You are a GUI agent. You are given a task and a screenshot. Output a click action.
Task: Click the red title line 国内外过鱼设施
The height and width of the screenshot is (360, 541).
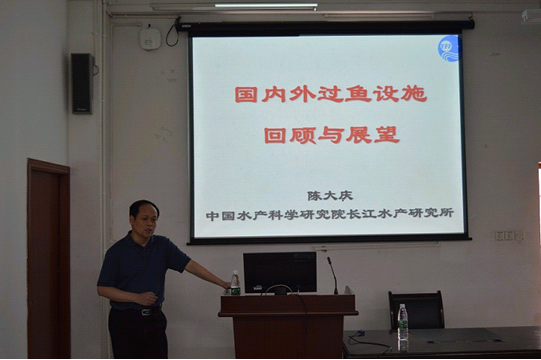point(330,94)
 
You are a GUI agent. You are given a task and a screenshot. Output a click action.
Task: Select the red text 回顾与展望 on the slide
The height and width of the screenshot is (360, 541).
point(331,134)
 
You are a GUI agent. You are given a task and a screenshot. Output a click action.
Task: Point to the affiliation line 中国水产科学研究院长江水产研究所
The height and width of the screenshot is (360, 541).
point(330,214)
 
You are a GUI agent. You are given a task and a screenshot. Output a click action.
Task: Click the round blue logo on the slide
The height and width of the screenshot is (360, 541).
point(447,48)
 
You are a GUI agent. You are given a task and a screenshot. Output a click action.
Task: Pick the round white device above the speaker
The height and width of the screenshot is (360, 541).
point(150,37)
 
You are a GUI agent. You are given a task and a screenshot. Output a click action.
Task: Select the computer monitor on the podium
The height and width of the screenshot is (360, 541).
point(279,271)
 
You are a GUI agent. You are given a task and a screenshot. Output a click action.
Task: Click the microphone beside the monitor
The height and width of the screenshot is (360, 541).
point(332,272)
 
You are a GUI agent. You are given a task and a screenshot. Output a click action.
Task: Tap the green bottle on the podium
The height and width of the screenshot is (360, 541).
point(235,283)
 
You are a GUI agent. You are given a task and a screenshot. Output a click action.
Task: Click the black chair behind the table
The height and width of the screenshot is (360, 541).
point(416,310)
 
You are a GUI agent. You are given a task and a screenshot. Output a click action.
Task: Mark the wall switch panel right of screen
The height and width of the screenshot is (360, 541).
point(507,236)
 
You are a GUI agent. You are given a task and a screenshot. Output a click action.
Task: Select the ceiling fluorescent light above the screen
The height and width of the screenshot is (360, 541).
point(265,5)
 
